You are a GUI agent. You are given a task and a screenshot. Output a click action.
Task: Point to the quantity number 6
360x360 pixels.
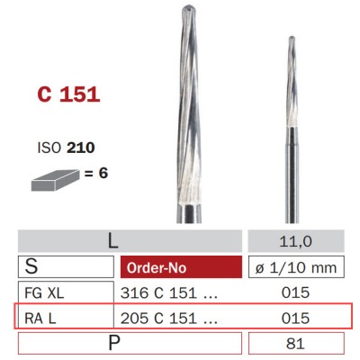coord(103,169)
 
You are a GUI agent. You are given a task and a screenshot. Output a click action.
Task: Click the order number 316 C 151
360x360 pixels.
coord(167,292)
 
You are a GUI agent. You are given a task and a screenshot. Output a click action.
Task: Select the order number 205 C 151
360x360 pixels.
coord(167,318)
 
